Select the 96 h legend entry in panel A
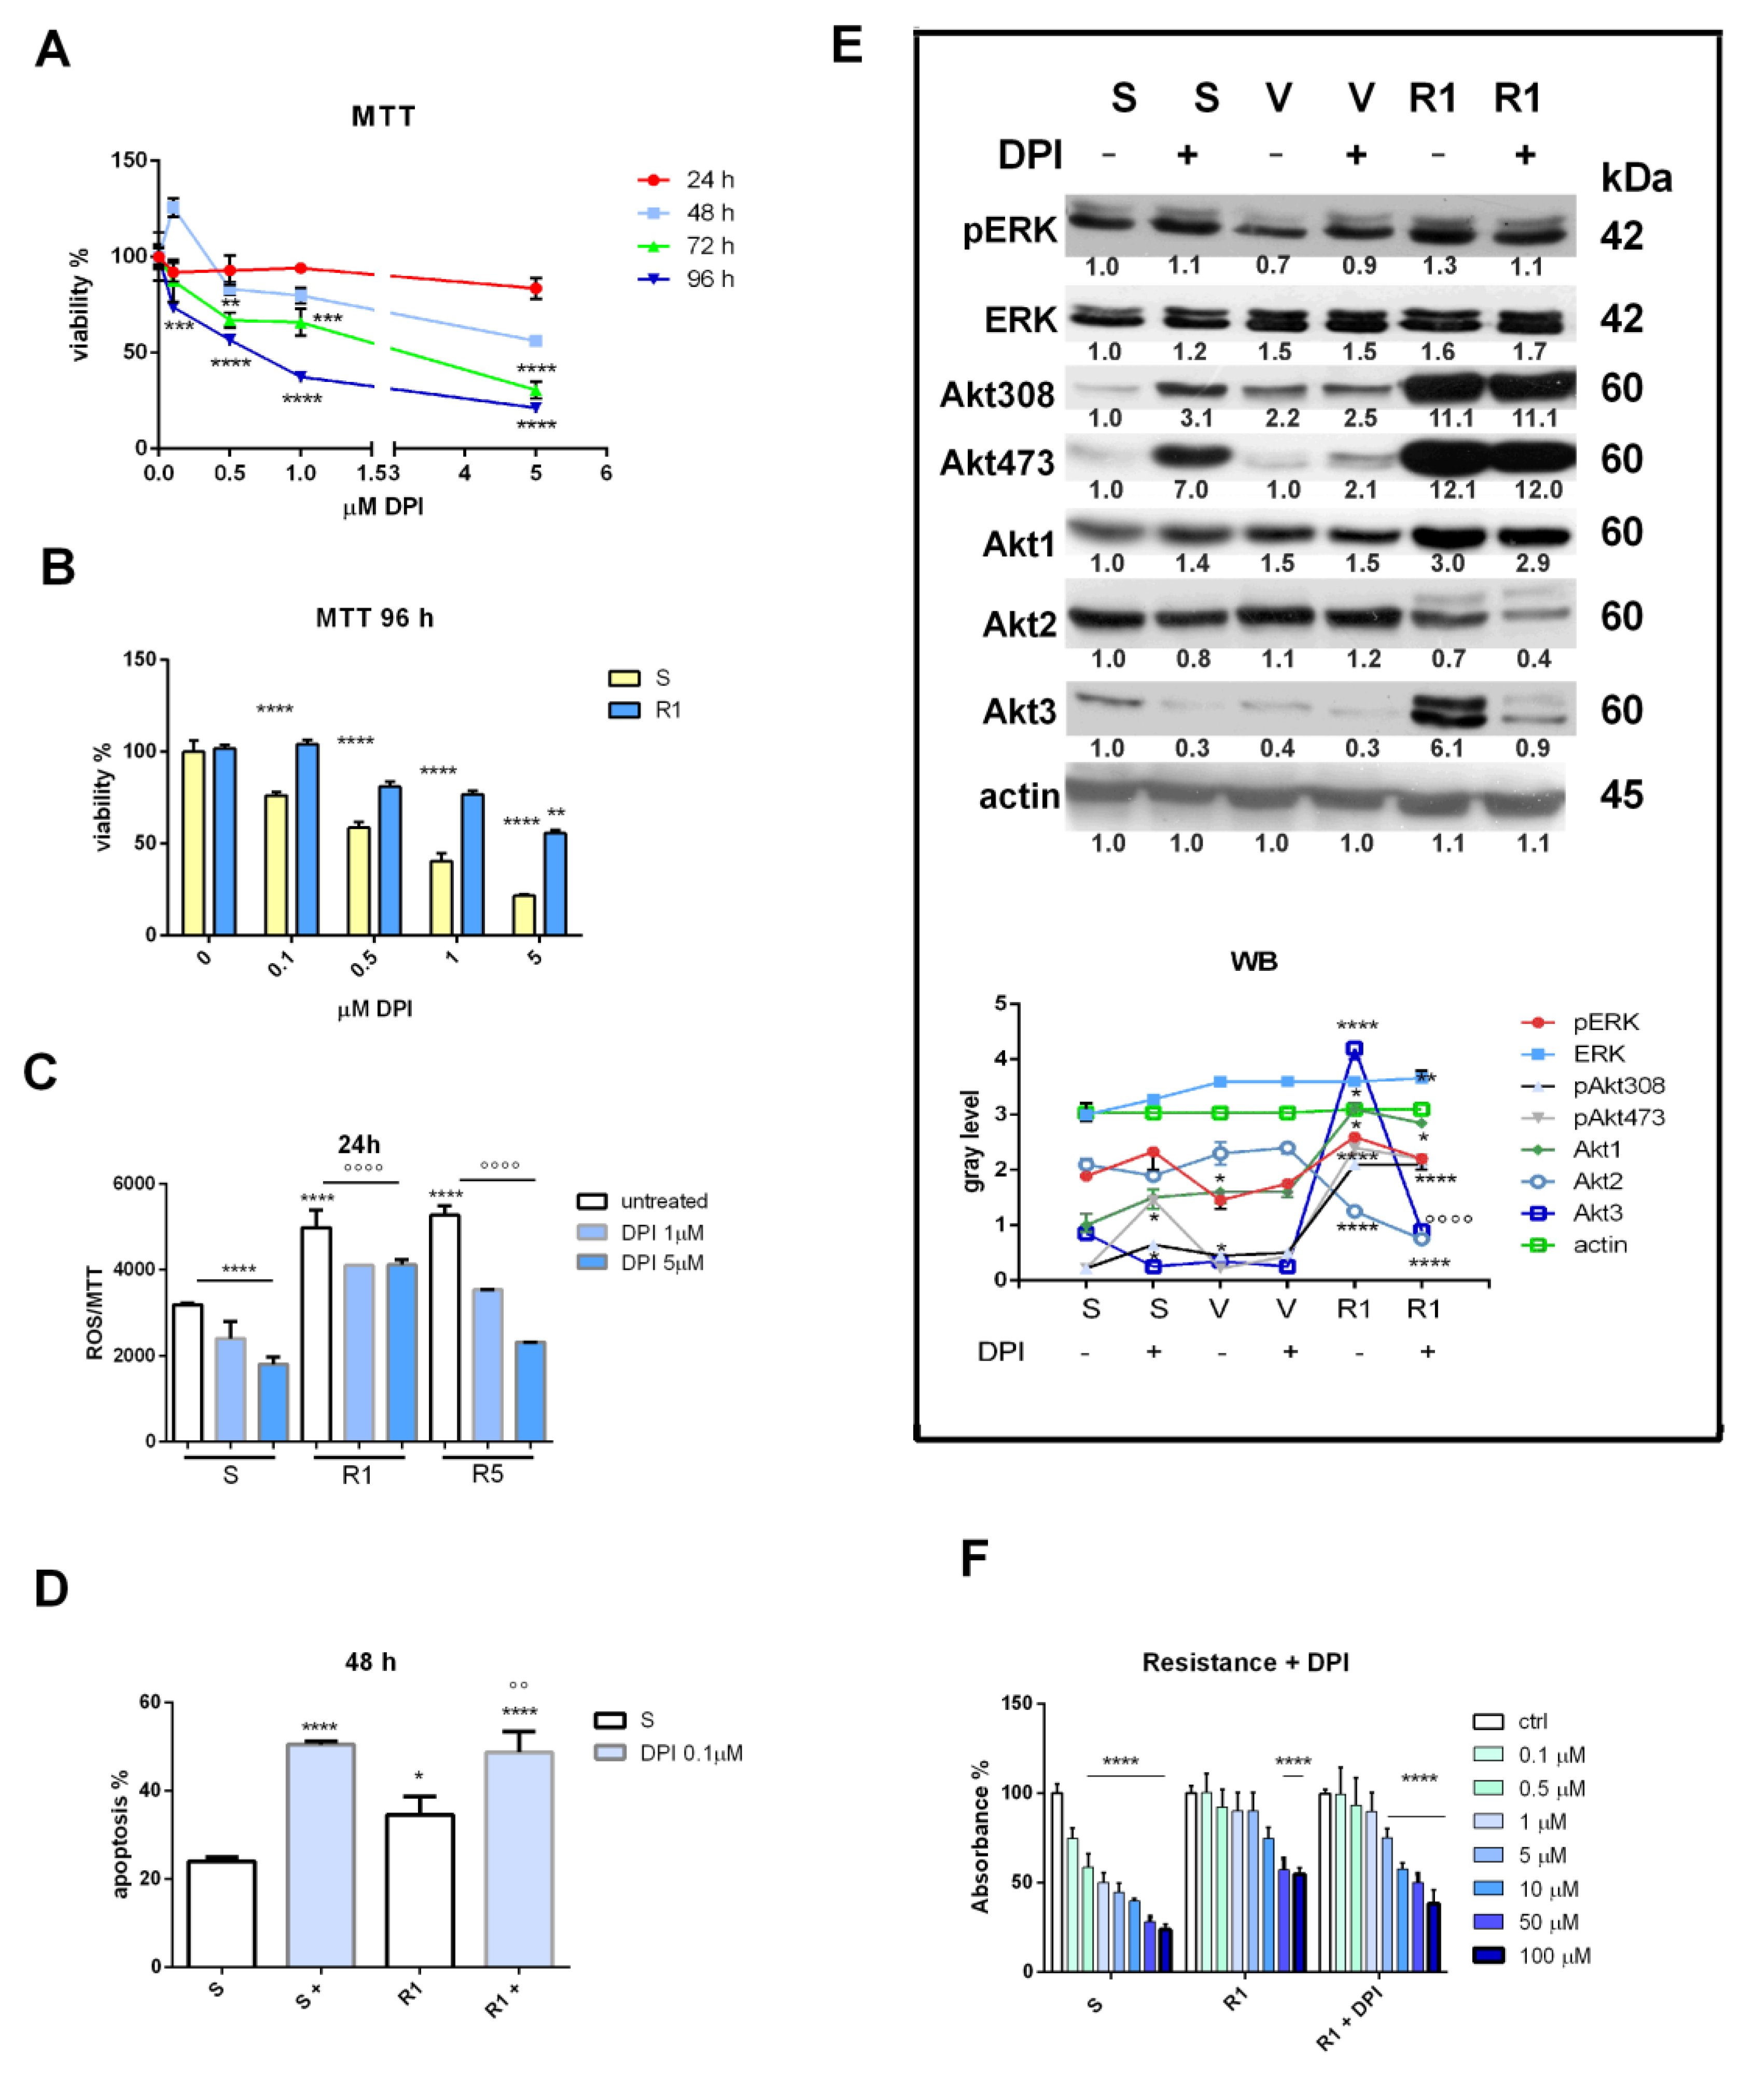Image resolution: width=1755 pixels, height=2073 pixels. (687, 279)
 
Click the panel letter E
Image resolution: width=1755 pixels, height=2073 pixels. (847, 46)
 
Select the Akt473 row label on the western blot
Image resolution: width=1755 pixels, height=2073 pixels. (997, 463)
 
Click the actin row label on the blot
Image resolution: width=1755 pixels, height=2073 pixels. (1019, 796)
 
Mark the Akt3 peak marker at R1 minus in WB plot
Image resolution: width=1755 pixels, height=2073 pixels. (1354, 1048)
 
